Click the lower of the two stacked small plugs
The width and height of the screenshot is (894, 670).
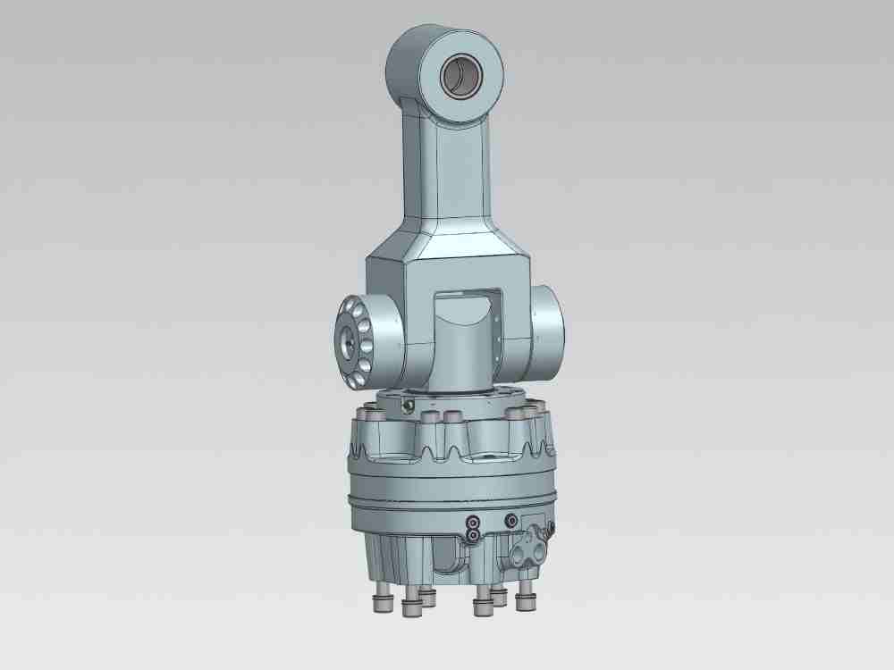(x=473, y=535)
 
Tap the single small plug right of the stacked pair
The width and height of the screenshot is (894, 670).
(x=511, y=520)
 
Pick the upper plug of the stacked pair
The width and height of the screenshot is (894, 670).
(x=473, y=522)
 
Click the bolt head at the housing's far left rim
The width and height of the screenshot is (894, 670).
(x=366, y=415)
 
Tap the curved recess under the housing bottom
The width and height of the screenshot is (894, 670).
(x=447, y=558)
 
